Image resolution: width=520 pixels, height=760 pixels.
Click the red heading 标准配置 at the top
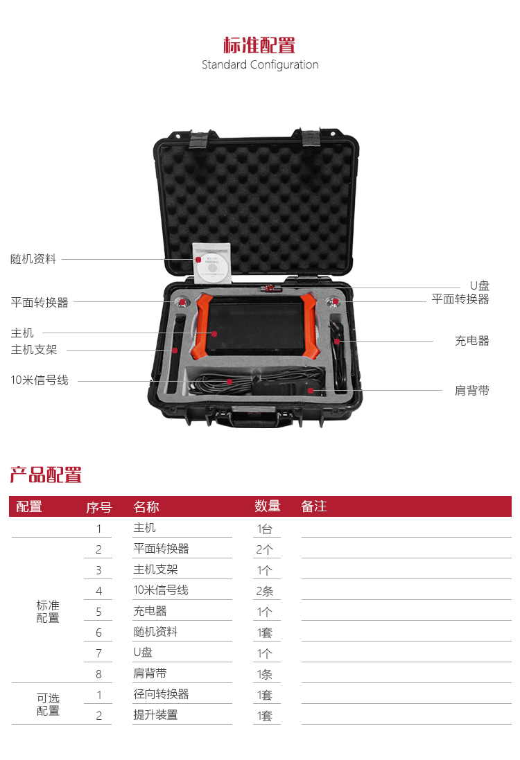[259, 45]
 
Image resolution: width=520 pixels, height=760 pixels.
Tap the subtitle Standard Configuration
[260, 65]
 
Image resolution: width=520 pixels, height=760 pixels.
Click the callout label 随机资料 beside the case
[33, 259]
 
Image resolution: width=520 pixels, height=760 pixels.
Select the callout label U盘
[479, 286]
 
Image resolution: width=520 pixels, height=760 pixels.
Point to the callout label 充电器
[472, 341]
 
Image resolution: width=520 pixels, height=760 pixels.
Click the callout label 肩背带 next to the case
[472, 391]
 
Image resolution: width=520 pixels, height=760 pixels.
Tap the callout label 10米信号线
[40, 380]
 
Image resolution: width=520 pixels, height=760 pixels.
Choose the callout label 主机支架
[34, 350]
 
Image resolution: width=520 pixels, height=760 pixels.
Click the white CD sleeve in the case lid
[212, 263]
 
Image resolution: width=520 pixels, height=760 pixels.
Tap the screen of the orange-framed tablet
[256, 326]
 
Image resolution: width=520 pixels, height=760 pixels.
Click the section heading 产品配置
[46, 475]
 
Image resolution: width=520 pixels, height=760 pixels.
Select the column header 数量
[268, 506]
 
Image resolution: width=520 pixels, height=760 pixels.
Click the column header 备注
[314, 506]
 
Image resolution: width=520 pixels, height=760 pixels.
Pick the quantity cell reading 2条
[265, 591]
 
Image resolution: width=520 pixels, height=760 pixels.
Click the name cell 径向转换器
[161, 694]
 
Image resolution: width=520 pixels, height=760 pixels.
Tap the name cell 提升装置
[156, 715]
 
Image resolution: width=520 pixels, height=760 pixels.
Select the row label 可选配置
[48, 705]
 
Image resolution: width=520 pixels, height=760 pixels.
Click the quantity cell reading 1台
[265, 529]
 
